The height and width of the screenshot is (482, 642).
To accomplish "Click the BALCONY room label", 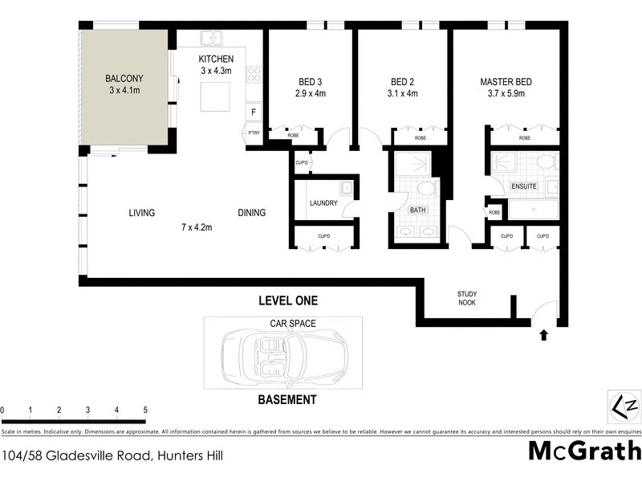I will point(124,79).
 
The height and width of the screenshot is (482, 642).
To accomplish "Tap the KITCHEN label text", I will point(217,59).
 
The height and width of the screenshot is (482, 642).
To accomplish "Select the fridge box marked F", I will point(254,112).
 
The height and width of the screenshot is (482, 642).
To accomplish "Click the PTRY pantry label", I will point(254,133).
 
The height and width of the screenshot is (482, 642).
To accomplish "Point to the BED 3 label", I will point(309,82).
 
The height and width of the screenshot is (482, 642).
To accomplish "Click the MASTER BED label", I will point(506,82).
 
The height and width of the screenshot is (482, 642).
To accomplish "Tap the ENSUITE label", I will point(523,186).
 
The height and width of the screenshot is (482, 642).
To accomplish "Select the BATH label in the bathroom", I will point(417,210).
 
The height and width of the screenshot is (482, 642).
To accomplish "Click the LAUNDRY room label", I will point(323,202).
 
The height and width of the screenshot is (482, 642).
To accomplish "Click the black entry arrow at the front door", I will point(544,335).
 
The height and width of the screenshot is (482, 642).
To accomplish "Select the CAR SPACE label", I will point(292,323).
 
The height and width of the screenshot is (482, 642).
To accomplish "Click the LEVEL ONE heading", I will point(287,301).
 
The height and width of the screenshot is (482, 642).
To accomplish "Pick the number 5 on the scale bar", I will point(145,410).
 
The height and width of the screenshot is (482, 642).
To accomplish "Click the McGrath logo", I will point(584,450).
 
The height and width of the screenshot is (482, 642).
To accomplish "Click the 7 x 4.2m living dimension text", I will point(196,227).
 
